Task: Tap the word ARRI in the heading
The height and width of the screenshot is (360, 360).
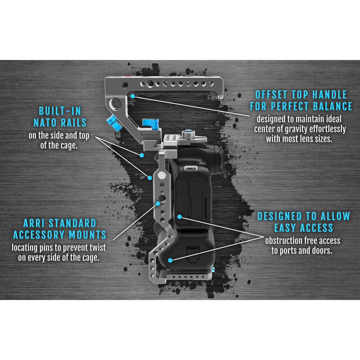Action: pyautogui.click(x=33, y=223)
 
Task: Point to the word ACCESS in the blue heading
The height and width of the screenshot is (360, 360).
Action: pyautogui.click(x=316, y=228)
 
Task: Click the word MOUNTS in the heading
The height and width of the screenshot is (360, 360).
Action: pyautogui.click(x=87, y=235)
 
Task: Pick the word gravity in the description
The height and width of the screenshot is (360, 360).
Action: pyautogui.click(x=296, y=129)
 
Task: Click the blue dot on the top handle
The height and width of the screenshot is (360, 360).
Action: pyautogui.click(x=133, y=96)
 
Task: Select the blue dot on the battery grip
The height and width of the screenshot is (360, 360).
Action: pyautogui.click(x=170, y=260)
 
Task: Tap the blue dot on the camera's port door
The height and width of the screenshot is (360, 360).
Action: pyautogui.click(x=180, y=216)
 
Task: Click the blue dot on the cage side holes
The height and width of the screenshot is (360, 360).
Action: pyautogui.click(x=158, y=203)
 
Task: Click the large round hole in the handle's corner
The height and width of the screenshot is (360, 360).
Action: pyautogui.click(x=116, y=104)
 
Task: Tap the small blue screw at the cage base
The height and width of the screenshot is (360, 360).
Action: pyautogui.click(x=213, y=269)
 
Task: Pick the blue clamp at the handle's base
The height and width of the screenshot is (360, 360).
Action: pyautogui.click(x=150, y=124)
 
